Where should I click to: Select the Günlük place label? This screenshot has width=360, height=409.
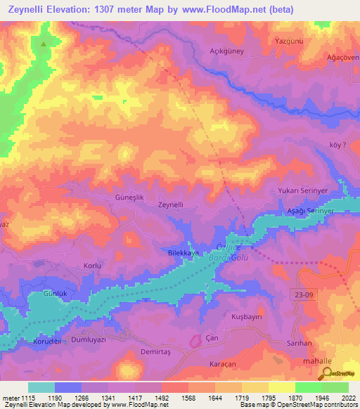tap(55, 292)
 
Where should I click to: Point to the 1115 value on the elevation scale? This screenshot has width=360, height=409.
tap(27, 398)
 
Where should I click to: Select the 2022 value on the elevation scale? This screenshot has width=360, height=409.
tap(347, 398)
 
